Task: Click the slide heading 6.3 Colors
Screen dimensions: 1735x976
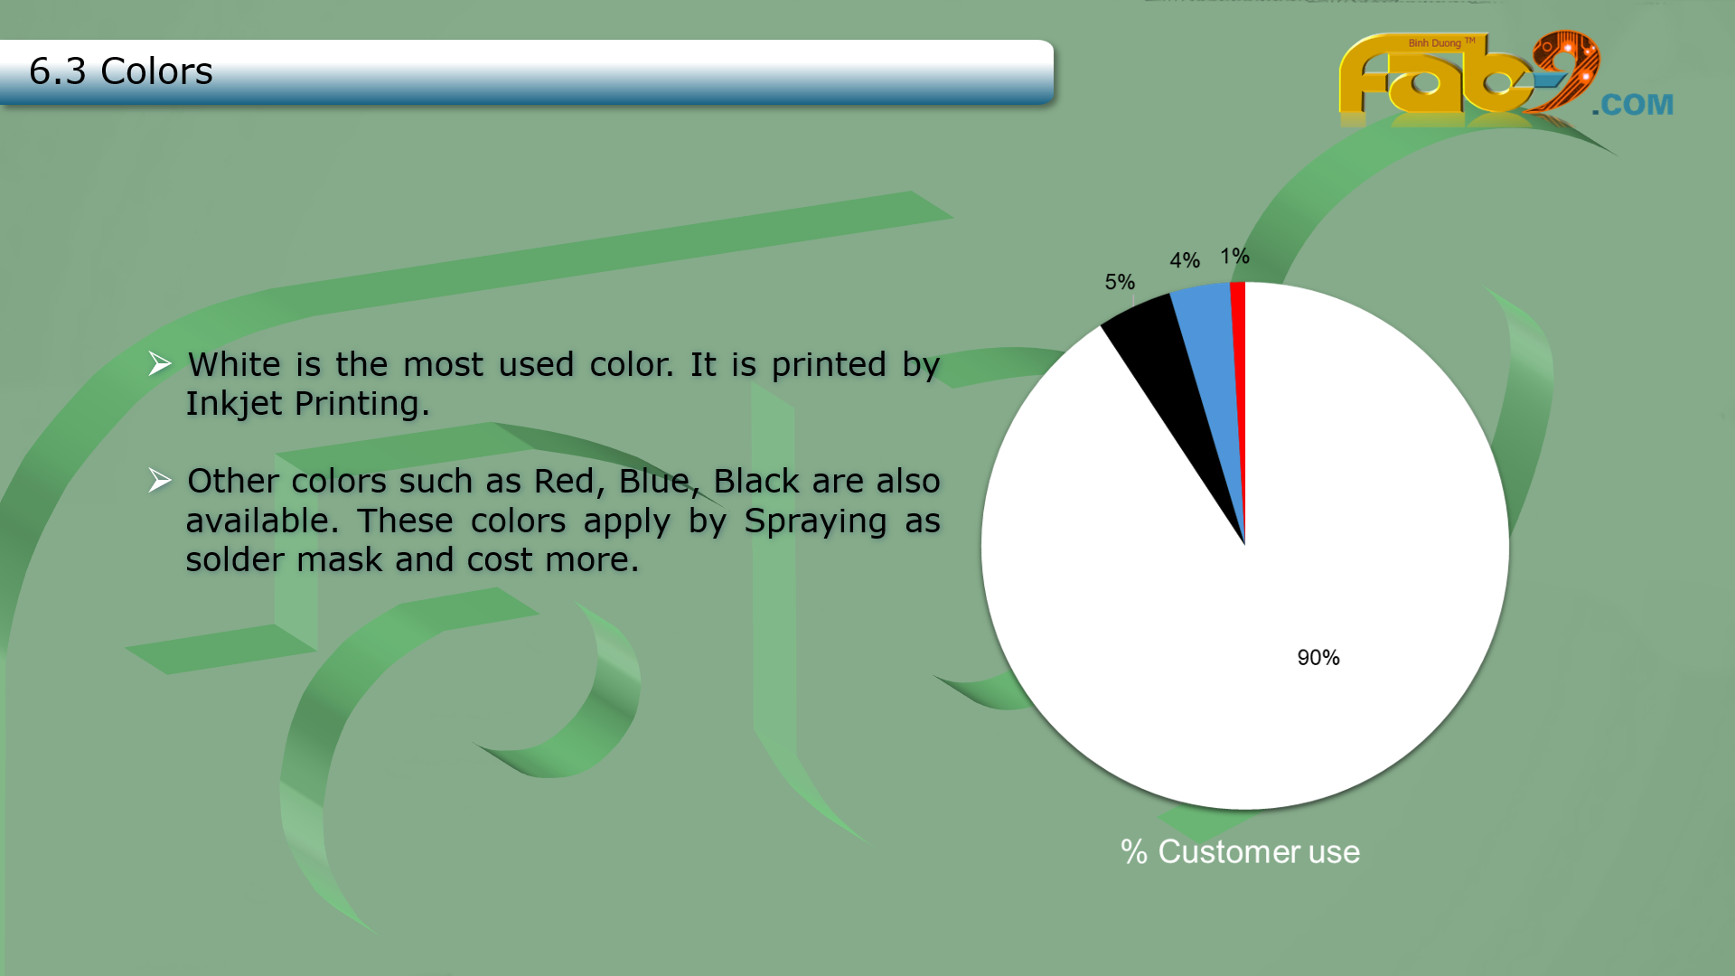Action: (x=120, y=70)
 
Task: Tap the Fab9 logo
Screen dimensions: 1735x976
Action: (x=1469, y=77)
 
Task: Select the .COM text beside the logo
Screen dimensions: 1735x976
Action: (x=1633, y=105)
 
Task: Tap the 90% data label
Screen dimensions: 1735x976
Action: (x=1318, y=658)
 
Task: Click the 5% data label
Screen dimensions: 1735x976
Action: (x=1120, y=282)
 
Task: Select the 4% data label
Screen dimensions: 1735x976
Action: (x=1185, y=260)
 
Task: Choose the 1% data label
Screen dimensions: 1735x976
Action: (x=1234, y=256)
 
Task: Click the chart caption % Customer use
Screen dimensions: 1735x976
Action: (x=1240, y=851)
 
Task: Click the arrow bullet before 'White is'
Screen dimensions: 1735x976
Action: (x=160, y=363)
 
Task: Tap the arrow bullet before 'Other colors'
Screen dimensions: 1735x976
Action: (x=160, y=480)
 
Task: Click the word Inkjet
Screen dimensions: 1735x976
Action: (x=234, y=404)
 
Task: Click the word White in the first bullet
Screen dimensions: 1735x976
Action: (x=234, y=364)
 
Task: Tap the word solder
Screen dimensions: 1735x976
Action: (x=239, y=559)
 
